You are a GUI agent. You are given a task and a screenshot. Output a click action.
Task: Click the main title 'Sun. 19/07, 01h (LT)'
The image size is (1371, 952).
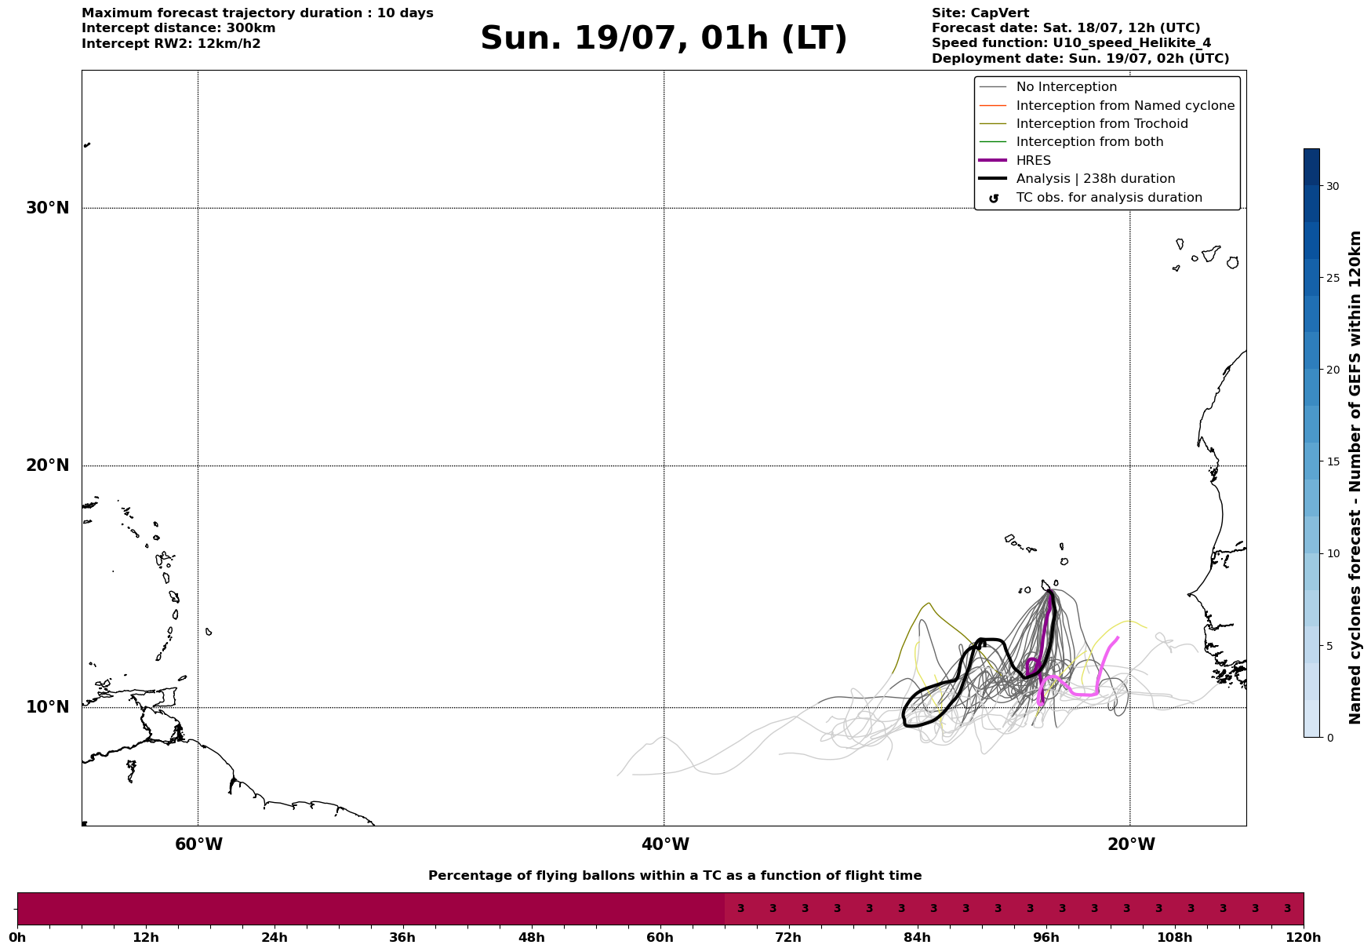tap(664, 38)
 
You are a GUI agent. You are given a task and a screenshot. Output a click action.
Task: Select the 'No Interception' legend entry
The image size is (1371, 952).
tap(1067, 87)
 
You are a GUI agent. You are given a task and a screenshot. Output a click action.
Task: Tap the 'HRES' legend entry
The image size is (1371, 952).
tap(1034, 161)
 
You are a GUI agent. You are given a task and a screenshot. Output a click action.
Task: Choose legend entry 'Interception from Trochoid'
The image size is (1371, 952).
tap(1102, 124)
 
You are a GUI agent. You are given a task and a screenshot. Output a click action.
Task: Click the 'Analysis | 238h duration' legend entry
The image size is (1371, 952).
tap(1096, 179)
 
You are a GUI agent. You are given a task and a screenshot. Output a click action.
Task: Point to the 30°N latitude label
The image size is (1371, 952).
tap(47, 208)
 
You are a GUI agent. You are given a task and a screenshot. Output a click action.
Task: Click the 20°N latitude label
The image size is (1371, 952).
tap(47, 465)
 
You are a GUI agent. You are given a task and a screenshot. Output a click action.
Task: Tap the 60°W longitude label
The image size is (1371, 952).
tap(198, 844)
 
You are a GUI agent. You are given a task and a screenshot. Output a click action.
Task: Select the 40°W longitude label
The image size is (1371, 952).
tap(665, 844)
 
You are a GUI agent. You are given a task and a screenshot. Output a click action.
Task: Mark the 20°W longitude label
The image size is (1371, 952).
tap(1131, 844)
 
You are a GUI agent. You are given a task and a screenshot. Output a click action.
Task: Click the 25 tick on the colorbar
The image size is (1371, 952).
tap(1333, 278)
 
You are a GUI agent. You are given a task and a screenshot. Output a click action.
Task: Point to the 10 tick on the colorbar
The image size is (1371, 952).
tap(1333, 553)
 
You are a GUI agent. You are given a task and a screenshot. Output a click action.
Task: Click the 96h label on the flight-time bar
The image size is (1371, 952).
tap(1046, 937)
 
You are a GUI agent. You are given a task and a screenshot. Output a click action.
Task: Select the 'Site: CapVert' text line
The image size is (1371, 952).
tap(980, 13)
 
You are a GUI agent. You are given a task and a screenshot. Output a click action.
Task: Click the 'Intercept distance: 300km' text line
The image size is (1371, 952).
tap(179, 28)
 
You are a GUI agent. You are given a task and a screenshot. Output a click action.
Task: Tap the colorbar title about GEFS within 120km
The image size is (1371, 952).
tap(1355, 477)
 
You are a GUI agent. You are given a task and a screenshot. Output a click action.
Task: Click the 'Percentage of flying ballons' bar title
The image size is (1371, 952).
tap(675, 876)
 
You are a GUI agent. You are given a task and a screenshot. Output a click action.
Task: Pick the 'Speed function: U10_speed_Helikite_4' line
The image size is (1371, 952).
tap(1071, 43)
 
